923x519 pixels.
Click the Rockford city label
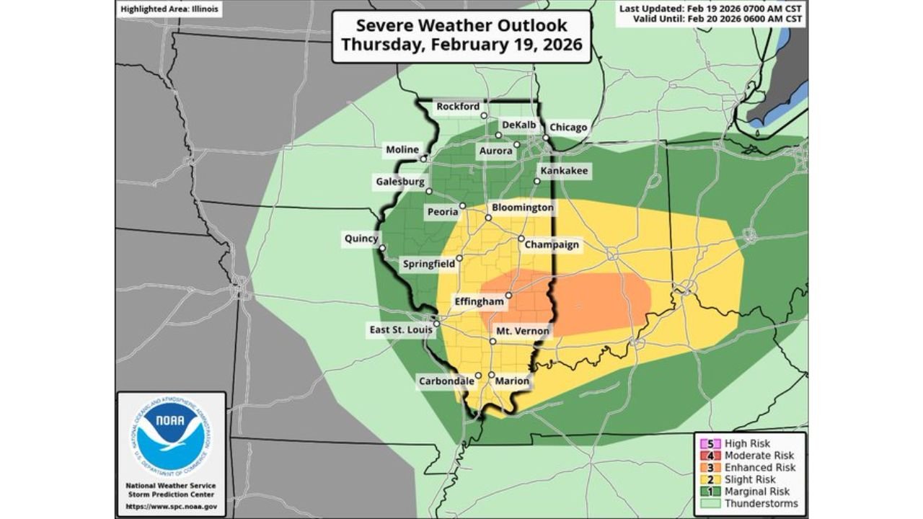(x=458, y=107)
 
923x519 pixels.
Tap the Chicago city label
(x=568, y=128)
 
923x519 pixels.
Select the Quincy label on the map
(x=361, y=239)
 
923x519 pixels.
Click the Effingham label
(x=478, y=301)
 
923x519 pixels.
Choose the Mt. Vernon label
(x=522, y=332)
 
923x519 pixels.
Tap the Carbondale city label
(x=446, y=381)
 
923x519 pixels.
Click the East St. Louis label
(x=401, y=329)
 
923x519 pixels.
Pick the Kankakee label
(x=564, y=171)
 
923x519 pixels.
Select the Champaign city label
(x=552, y=244)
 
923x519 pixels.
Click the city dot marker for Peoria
(x=463, y=206)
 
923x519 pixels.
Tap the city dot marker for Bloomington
(x=488, y=217)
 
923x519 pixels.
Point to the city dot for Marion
(x=491, y=375)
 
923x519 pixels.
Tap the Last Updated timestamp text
(x=712, y=8)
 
